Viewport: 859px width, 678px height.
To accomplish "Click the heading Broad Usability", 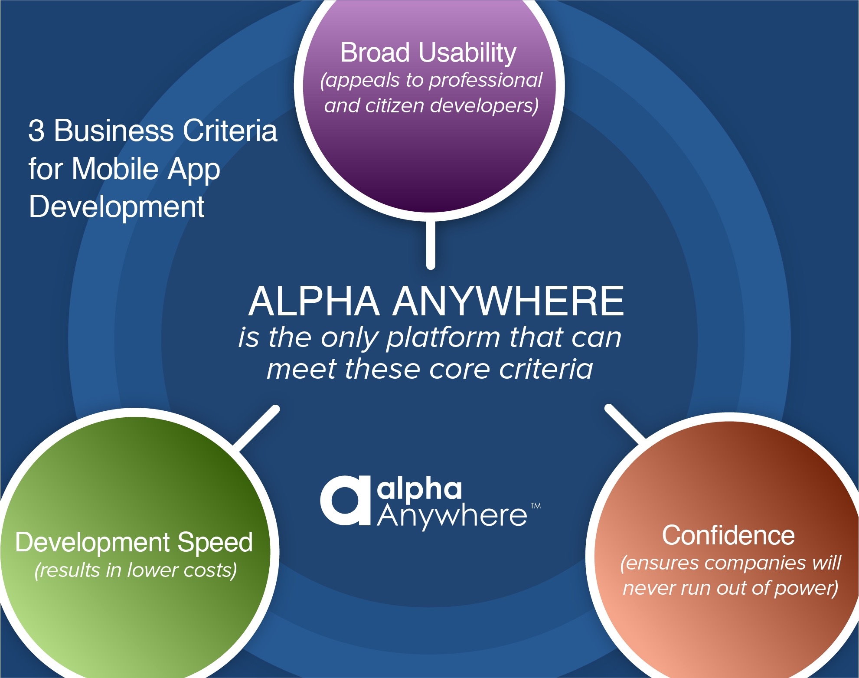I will pos(428,53).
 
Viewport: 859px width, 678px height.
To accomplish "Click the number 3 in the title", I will pos(36,131).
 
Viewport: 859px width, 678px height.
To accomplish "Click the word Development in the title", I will pos(117,206).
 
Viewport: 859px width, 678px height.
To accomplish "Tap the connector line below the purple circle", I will pos(431,245).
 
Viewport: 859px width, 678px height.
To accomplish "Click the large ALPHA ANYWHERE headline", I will pos(436,301).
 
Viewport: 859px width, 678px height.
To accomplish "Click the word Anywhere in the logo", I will pos(452,516).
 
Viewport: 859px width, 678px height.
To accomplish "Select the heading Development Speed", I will pos(134,542).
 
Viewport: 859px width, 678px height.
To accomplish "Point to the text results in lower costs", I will pos(136,570).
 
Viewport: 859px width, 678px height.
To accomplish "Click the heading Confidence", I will pos(728,535).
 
